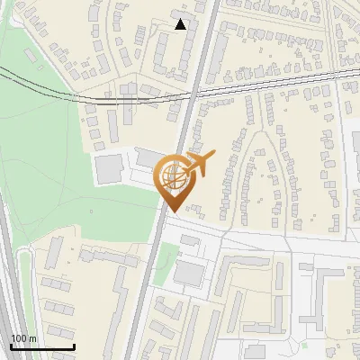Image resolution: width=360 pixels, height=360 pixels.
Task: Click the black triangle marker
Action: pos(181,24)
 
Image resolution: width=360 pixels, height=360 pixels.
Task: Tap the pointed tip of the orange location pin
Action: pos(174,211)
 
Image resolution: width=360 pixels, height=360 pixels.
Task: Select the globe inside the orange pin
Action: pos(173,176)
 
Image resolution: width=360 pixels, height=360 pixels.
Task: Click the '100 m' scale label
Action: pos(24,338)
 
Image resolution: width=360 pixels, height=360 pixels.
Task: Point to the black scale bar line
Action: pos(42,346)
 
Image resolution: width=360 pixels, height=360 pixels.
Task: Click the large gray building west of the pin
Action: pos(111,168)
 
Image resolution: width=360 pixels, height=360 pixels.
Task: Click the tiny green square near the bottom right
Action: pos(304,344)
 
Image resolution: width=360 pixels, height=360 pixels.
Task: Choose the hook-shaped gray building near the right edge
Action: pos(324,297)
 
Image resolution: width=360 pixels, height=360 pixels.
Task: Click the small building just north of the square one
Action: pos(192,242)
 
